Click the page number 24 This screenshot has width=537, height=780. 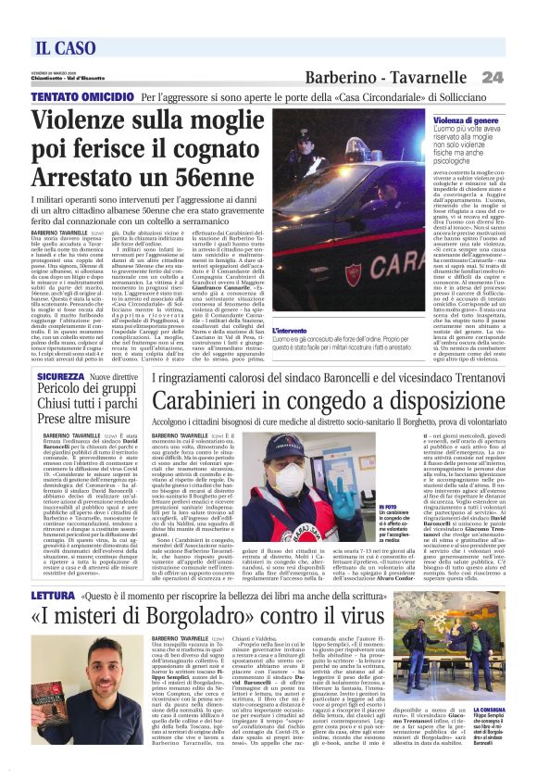coord(493,77)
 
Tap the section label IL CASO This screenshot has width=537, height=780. coord(66,48)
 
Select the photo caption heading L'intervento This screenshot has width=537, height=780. coord(290,329)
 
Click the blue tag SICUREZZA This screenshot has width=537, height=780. coord(60,378)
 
